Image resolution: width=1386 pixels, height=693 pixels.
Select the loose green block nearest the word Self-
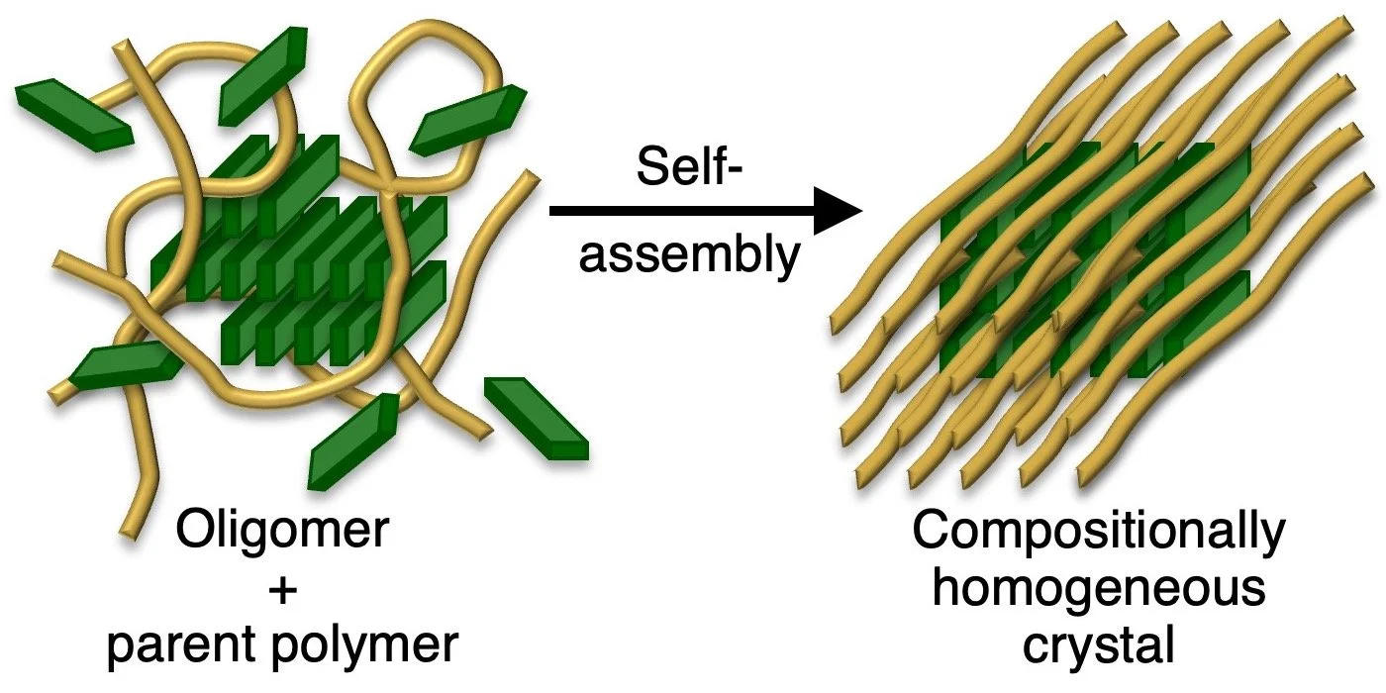465,119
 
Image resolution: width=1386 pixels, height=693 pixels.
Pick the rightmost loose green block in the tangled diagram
535,416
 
